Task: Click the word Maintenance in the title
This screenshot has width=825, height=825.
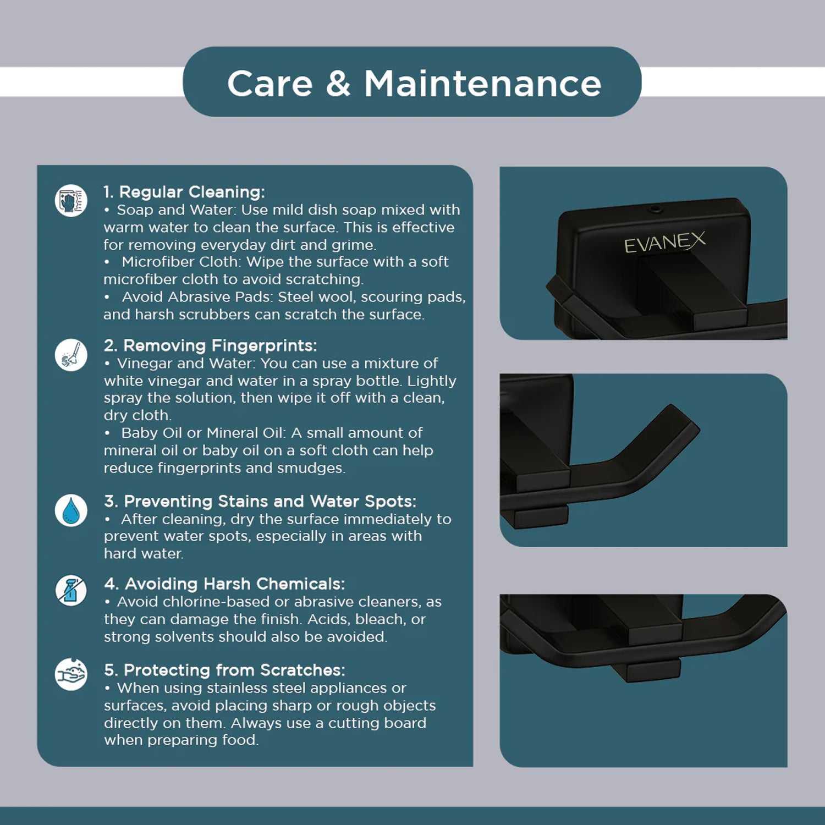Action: click(x=482, y=84)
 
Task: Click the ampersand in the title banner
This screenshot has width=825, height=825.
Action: click(x=338, y=84)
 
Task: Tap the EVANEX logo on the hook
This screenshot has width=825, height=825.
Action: click(x=665, y=243)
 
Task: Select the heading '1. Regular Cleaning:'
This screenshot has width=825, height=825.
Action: click(x=184, y=192)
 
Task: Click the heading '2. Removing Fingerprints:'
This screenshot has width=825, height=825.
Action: click(x=211, y=345)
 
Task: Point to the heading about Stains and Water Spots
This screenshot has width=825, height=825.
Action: click(x=260, y=501)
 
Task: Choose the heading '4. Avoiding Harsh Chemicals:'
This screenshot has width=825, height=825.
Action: click(x=224, y=584)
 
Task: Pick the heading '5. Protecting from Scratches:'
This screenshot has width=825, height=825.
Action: click(x=224, y=670)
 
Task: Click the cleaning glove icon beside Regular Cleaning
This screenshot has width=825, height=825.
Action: click(x=71, y=200)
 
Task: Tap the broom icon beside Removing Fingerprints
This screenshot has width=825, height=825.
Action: click(x=71, y=355)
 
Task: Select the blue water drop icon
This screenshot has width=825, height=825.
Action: click(x=71, y=510)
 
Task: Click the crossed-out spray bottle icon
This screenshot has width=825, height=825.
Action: click(x=71, y=591)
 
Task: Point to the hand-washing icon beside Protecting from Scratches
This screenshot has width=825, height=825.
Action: click(x=71, y=674)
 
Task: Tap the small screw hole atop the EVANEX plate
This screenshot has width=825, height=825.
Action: click(x=654, y=208)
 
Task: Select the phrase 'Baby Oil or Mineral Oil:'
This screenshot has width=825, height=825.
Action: click(x=204, y=433)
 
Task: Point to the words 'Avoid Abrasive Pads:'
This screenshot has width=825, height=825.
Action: click(x=197, y=297)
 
